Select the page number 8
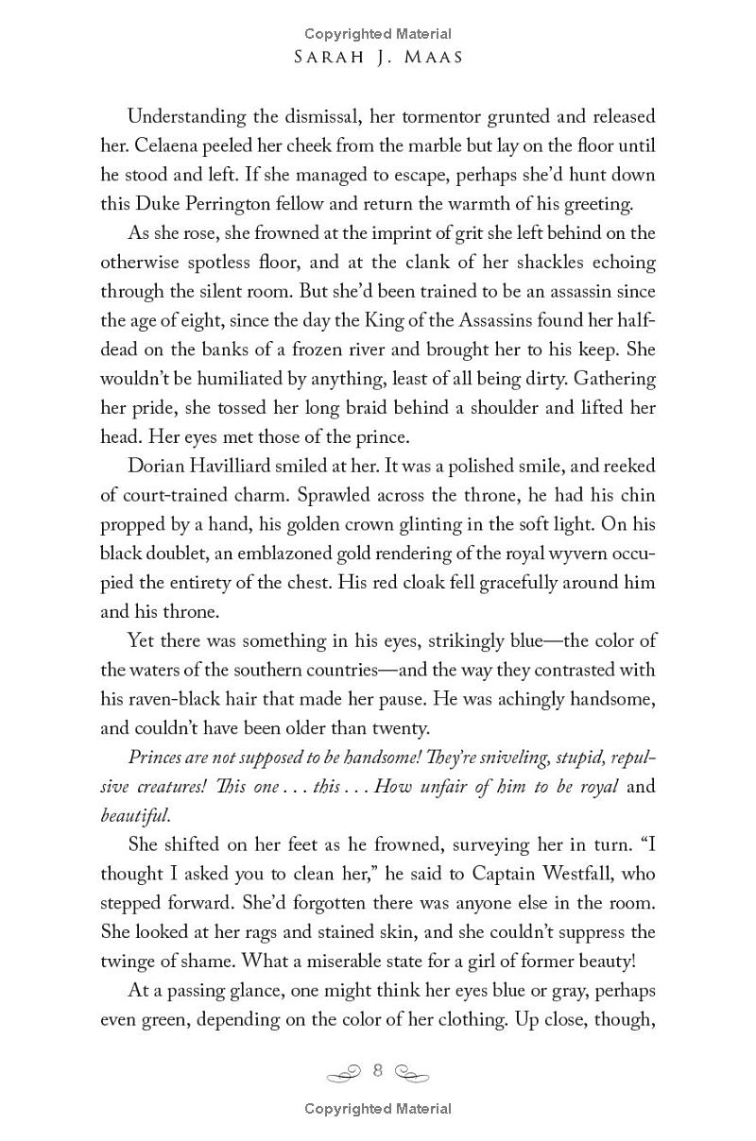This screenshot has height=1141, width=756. (x=378, y=1070)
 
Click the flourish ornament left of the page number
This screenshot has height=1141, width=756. (x=345, y=1072)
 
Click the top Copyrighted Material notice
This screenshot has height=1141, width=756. (x=378, y=34)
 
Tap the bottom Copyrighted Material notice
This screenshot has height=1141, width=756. (x=378, y=1109)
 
